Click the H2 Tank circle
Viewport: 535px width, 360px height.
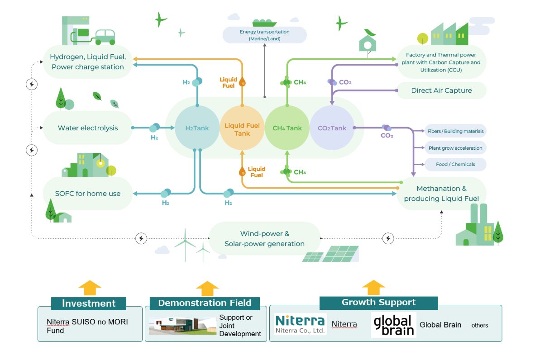197,128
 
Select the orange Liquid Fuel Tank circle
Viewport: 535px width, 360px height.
242,128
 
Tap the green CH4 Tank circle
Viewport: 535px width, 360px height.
287,128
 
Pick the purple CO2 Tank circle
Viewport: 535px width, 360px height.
332,128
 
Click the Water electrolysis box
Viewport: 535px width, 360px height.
88,128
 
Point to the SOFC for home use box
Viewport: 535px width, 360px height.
88,194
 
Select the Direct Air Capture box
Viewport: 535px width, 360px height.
441,90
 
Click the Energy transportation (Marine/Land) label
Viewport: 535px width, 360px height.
265,35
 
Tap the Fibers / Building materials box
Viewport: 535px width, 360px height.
455,131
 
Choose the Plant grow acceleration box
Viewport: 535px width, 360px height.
455,148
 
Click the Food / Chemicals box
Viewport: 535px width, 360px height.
455,164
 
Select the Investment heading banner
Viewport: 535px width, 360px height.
89,303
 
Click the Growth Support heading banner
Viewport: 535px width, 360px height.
378,303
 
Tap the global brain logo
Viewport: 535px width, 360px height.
393,325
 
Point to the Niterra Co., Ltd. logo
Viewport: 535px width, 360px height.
300,324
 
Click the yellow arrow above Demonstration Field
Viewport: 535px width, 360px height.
207,289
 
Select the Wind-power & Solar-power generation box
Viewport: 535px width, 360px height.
265,239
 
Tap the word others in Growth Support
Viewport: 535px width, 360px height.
480,325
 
